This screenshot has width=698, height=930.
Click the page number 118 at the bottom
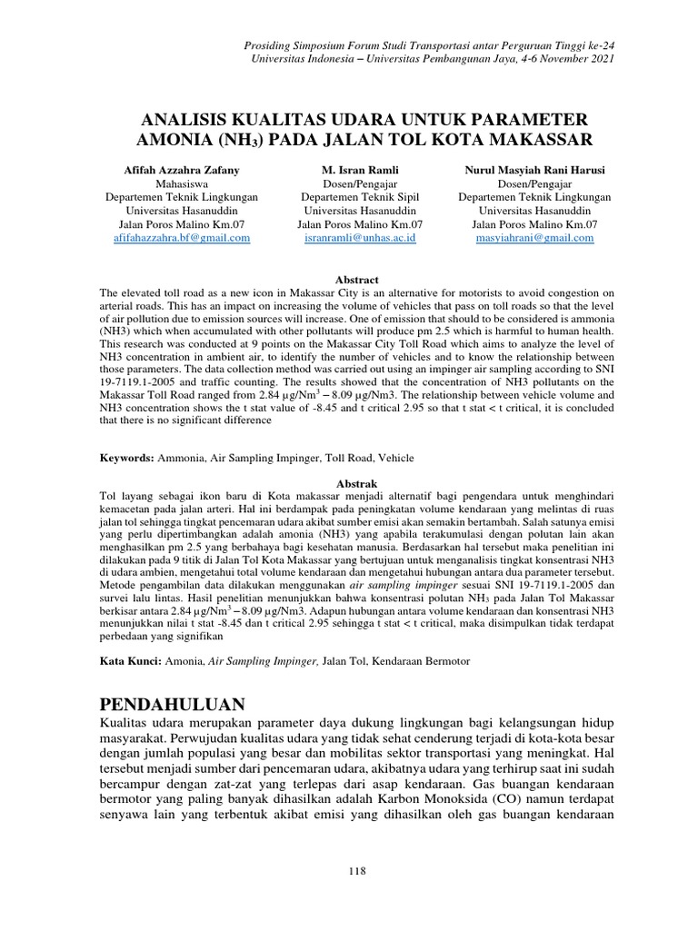[357, 871]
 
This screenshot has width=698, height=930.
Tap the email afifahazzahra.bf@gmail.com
[182, 238]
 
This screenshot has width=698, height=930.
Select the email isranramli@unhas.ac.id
[360, 238]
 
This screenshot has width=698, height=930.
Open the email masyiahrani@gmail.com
[534, 238]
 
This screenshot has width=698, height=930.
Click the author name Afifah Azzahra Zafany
[182, 170]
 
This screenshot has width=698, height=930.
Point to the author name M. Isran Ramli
[360, 170]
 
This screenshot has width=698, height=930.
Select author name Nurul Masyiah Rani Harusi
[534, 170]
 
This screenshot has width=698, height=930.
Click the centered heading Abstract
[357, 280]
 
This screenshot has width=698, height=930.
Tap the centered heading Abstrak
[357, 483]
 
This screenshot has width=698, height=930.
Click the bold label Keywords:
[126, 459]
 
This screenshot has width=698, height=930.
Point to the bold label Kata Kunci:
[130, 661]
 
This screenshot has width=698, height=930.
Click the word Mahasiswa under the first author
[182, 183]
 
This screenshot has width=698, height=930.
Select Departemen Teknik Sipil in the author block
[360, 196]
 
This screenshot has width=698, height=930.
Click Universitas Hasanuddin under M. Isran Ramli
[360, 210]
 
